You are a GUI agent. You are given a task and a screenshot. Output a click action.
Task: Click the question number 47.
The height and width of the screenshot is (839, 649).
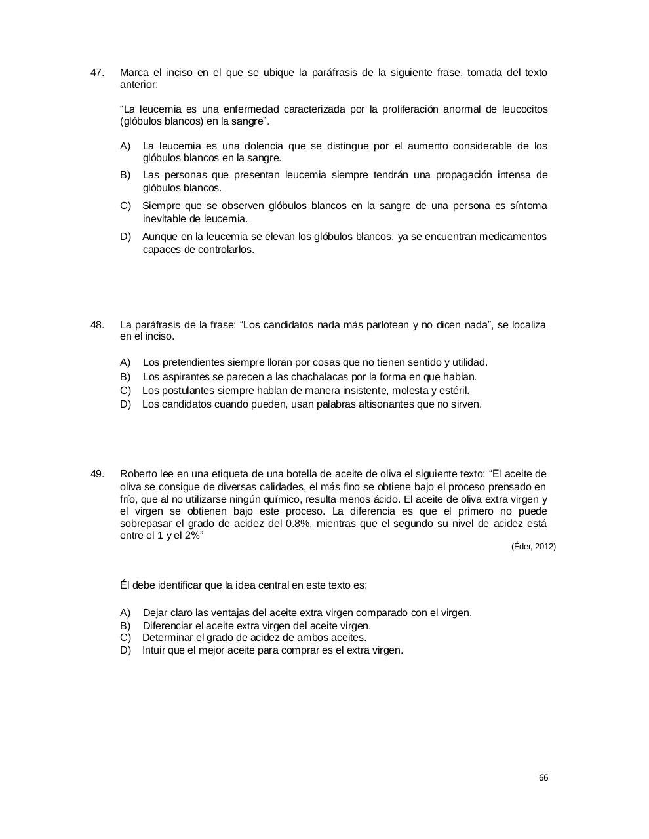pyautogui.click(x=97, y=73)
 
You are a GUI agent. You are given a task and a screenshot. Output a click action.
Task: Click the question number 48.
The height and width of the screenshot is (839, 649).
pyautogui.click(x=97, y=325)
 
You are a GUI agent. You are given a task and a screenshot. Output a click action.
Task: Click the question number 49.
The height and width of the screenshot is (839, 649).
pyautogui.click(x=97, y=474)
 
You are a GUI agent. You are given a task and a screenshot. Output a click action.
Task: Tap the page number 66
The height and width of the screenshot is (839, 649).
pyautogui.click(x=543, y=778)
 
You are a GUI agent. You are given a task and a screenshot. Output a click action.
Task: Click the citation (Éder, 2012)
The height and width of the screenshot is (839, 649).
pyautogui.click(x=533, y=547)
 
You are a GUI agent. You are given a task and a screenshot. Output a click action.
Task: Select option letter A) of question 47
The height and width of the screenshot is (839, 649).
pyautogui.click(x=125, y=146)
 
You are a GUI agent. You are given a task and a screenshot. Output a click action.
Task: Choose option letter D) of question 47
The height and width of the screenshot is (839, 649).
pyautogui.click(x=126, y=237)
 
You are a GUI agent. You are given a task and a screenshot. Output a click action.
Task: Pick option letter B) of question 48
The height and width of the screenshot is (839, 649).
pyautogui.click(x=125, y=377)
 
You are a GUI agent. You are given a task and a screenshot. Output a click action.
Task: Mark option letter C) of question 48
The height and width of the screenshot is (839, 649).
pyautogui.click(x=126, y=391)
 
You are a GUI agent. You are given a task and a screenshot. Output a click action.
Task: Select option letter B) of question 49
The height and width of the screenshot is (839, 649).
pyautogui.click(x=125, y=626)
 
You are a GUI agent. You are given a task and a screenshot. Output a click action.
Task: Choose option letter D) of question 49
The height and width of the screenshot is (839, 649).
pyautogui.click(x=126, y=650)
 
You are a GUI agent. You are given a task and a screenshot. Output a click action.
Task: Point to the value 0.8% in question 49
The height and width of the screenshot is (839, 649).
pyautogui.click(x=298, y=524)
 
